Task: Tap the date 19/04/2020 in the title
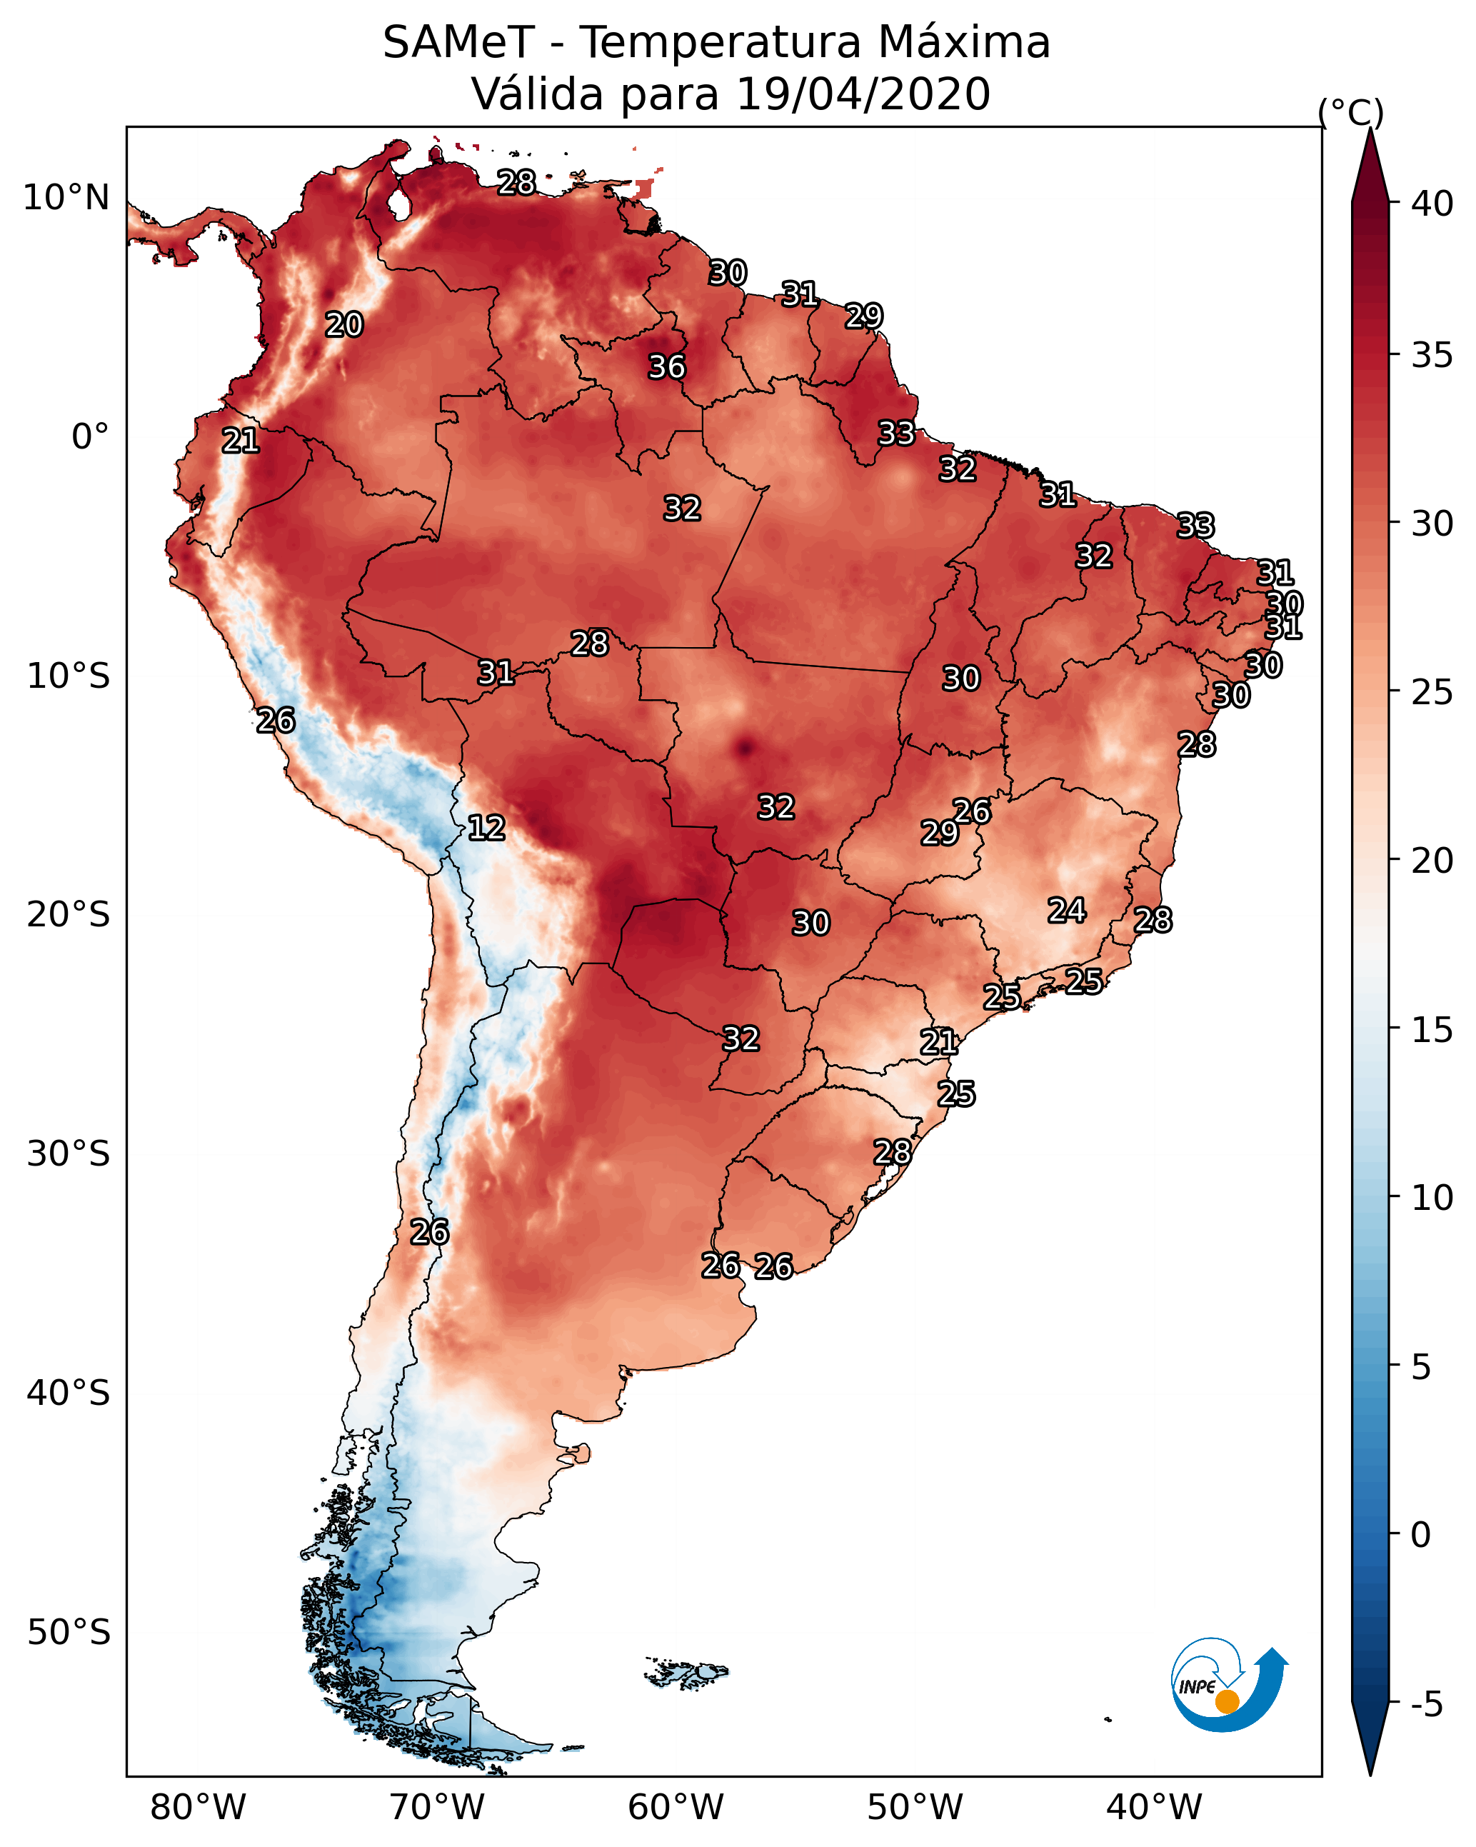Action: (x=863, y=94)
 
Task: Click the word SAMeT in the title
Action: (x=458, y=42)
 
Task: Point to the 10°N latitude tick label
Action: (x=66, y=198)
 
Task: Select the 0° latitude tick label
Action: (x=90, y=437)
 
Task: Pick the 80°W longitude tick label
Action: (x=198, y=1807)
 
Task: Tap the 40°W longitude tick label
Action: (x=1154, y=1807)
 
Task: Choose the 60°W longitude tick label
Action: (x=676, y=1807)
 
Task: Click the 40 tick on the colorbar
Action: (x=1432, y=204)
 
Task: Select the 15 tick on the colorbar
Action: (x=1432, y=1030)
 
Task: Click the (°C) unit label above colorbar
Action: (x=1351, y=112)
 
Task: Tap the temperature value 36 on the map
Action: (x=666, y=366)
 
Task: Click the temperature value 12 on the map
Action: (x=486, y=828)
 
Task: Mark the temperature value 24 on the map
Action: (x=1067, y=910)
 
